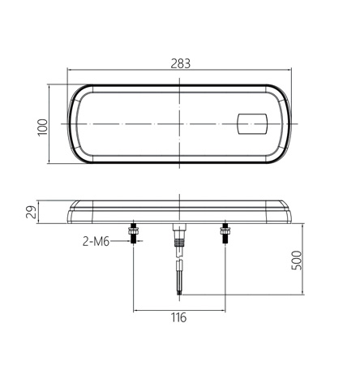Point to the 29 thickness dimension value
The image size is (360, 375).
click(x=32, y=212)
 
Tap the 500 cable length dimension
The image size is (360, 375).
click(x=296, y=261)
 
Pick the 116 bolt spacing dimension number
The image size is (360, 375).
click(x=178, y=317)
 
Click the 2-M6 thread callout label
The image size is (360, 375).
click(x=96, y=241)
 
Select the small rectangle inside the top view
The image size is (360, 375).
click(x=251, y=124)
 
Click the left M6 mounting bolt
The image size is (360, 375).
click(x=132, y=235)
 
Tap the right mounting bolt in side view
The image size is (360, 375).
click(x=225, y=235)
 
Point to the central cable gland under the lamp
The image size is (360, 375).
click(x=178, y=235)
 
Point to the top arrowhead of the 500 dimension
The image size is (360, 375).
click(x=302, y=225)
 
